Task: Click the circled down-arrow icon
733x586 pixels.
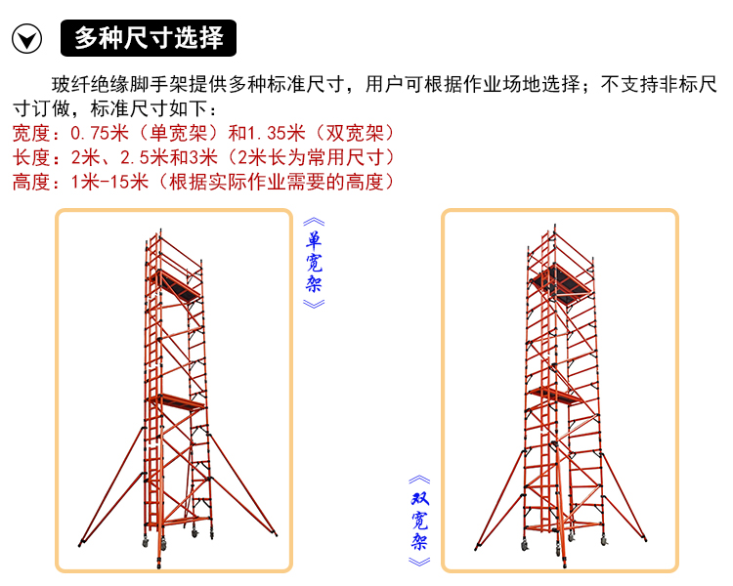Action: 26,38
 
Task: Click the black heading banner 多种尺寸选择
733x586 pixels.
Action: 149,38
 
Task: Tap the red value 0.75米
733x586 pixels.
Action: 100,133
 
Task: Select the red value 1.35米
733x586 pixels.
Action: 277,133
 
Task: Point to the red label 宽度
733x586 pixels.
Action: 31,133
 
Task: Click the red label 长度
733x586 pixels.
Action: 31,157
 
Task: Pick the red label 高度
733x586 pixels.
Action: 31,182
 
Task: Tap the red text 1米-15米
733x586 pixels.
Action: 109,182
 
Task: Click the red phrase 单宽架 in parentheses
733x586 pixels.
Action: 178,133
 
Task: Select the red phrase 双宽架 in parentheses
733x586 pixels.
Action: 355,133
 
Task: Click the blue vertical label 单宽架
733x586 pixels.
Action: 314,263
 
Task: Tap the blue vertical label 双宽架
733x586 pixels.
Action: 420,521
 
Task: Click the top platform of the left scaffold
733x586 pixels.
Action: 176,286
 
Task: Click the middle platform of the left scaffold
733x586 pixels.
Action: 175,401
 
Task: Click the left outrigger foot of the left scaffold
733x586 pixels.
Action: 80,543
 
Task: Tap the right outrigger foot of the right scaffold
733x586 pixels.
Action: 645,539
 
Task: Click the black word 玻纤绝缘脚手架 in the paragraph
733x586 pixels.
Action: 120,85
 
